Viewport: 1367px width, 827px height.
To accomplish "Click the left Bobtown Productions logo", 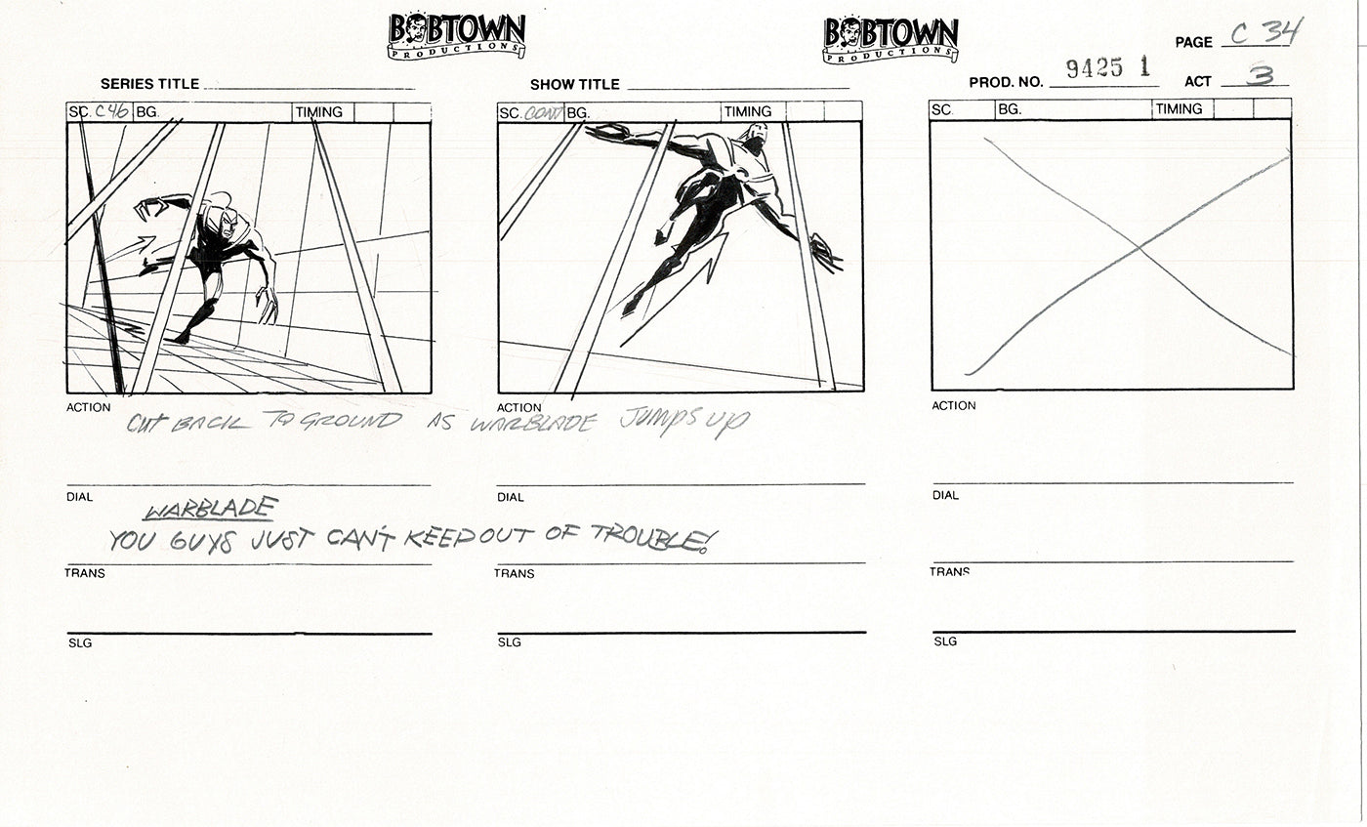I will pos(456,36).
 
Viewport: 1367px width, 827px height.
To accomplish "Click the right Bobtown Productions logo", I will pos(890,40).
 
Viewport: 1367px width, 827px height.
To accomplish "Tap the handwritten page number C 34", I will pos(1265,34).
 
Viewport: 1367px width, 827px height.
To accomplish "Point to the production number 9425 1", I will pos(1108,67).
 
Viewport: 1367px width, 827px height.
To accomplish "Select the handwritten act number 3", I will pos(1260,74).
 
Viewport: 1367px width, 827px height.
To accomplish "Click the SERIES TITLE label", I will pos(149,85).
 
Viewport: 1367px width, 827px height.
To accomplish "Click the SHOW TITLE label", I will pos(575,85).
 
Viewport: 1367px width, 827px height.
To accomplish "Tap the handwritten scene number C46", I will pos(111,111).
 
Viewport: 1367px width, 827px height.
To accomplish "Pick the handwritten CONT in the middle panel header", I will pos(544,112).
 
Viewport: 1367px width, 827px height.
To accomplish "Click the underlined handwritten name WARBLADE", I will pos(211,510).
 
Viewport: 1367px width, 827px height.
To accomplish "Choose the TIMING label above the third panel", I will pos(1179,109).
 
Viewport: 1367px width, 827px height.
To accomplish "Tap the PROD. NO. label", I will pos(1006,83).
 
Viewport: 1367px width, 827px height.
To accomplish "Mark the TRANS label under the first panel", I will pos(85,573).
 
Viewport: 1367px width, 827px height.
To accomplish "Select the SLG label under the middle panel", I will pos(509,642).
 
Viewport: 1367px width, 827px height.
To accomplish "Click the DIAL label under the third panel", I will pos(945,495).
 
